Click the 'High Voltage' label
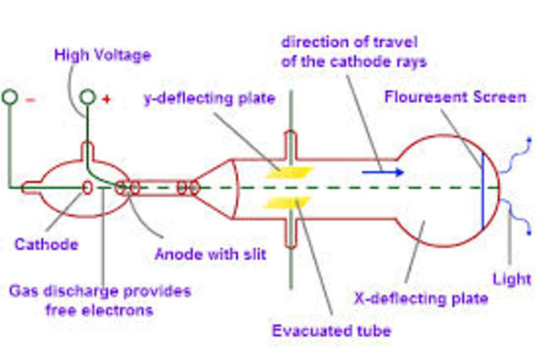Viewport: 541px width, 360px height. point(101,56)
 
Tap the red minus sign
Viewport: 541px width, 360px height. point(30,100)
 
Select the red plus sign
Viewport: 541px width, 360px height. point(107,100)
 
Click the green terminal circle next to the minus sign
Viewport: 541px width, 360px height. point(10,97)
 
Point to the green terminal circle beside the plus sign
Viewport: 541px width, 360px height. point(88,97)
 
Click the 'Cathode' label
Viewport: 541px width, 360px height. point(46,244)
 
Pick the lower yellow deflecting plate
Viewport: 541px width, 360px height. point(288,202)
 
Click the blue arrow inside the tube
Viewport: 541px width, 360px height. point(378,172)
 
